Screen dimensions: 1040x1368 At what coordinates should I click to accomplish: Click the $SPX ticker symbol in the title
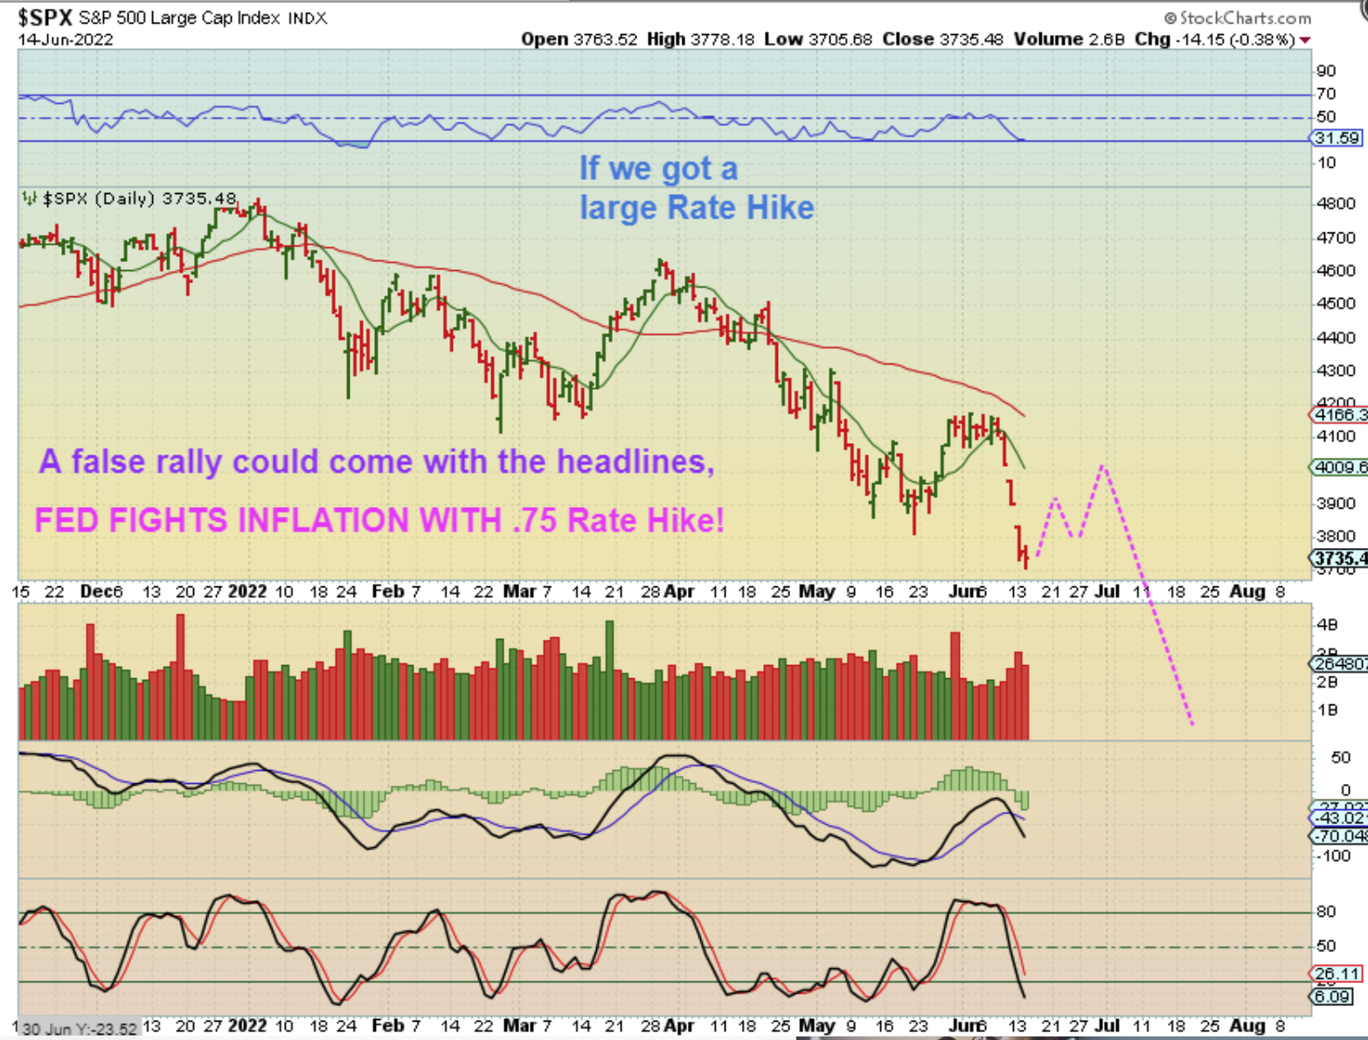click(x=45, y=17)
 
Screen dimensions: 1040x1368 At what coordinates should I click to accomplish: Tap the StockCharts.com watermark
click(x=1238, y=17)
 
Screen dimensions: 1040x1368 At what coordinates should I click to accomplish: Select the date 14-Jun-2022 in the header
click(x=65, y=39)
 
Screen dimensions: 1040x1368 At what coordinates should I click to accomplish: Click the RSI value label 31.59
click(x=1337, y=138)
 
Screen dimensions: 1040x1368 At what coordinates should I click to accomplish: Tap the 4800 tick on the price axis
click(x=1335, y=204)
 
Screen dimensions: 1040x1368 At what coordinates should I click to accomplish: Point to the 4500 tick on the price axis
click(x=1335, y=303)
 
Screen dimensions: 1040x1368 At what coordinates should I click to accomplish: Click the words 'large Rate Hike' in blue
click(x=697, y=208)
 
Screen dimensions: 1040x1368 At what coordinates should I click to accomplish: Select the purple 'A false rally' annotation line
click(x=377, y=461)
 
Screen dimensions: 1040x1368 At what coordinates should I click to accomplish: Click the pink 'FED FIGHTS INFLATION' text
click(x=379, y=520)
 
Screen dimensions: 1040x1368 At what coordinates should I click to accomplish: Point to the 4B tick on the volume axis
click(x=1327, y=624)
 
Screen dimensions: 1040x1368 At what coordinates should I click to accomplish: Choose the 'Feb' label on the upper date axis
click(x=387, y=592)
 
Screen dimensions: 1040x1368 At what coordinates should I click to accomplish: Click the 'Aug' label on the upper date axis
click(x=1247, y=592)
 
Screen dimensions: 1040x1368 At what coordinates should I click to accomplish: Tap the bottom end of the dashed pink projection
click(x=1191, y=724)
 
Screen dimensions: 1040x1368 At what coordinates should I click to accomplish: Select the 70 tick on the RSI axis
click(x=1326, y=94)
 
